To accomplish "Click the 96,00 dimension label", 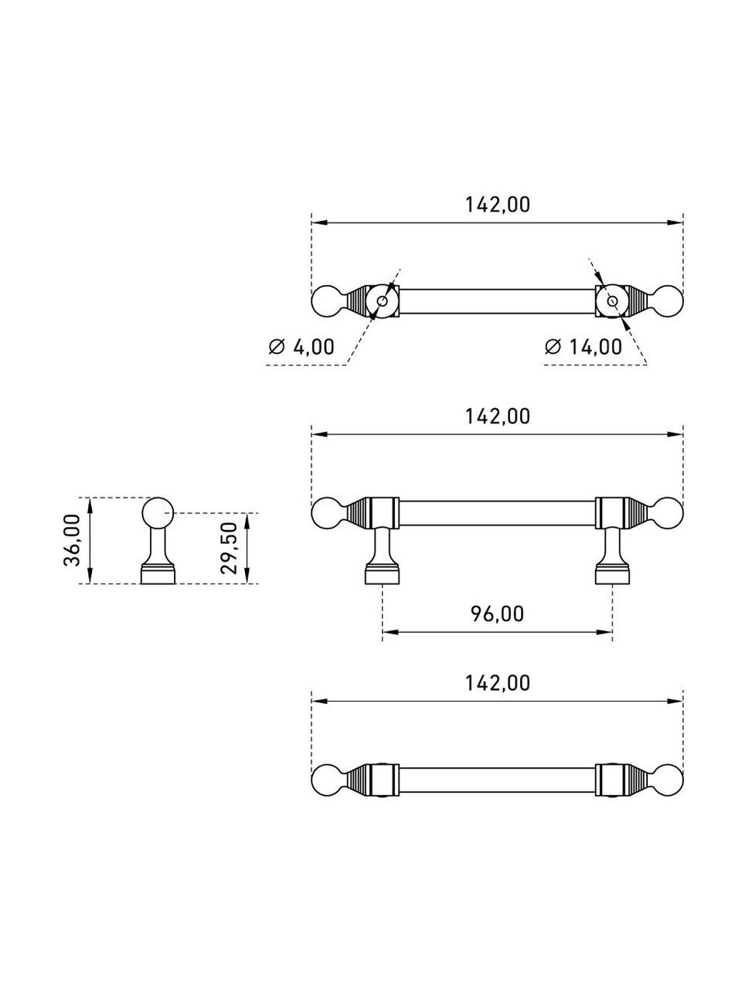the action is pos(497,613).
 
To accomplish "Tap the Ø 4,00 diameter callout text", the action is pos(301,347).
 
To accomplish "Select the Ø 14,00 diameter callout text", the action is pos(583,347).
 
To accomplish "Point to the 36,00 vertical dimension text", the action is pos(72,541).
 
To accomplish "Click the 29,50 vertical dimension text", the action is pos(229,548).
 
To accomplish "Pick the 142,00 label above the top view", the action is pos(497,205).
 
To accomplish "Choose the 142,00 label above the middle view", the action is pos(497,416).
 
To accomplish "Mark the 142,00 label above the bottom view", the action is pos(497,684).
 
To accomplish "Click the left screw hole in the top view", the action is pos(382,301).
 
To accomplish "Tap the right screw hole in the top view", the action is pos(611,301).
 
